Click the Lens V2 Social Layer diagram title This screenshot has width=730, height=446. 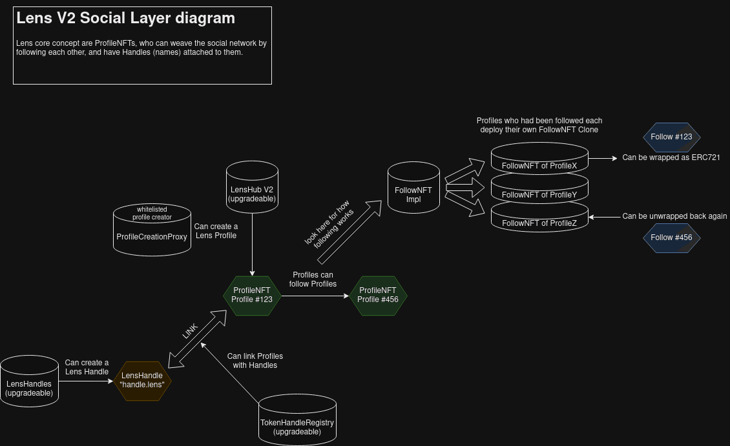point(125,18)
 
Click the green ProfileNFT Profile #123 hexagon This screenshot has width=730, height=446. point(252,296)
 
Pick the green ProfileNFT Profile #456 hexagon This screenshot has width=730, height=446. point(378,296)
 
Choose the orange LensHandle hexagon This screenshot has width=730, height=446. point(142,381)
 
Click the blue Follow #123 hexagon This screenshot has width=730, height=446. point(671,137)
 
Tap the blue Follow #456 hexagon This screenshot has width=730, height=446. point(671,238)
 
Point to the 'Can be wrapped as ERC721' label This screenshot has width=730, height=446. point(671,157)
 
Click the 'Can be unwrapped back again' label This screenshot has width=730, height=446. point(674,216)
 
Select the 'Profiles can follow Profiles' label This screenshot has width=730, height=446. point(313,279)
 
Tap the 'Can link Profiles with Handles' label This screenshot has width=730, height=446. point(255,361)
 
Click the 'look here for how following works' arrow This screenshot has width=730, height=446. point(349,232)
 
